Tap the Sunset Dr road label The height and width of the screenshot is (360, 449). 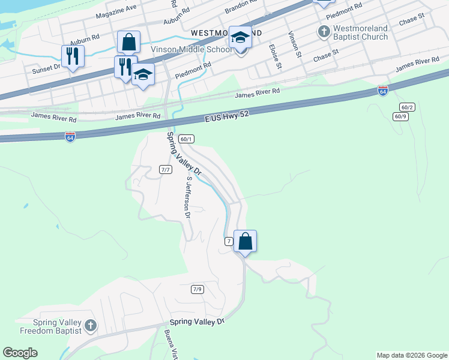(46, 69)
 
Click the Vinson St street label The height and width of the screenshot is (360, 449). (295, 44)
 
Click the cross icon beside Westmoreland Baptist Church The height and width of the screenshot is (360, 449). (324, 31)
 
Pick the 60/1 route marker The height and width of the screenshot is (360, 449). (186, 139)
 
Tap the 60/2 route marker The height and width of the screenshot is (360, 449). (407, 107)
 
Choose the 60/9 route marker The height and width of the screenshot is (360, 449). (400, 116)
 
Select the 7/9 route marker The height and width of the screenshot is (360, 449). (197, 289)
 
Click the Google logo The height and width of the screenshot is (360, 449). (20, 353)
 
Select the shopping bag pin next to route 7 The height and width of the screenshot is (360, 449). (245, 241)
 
